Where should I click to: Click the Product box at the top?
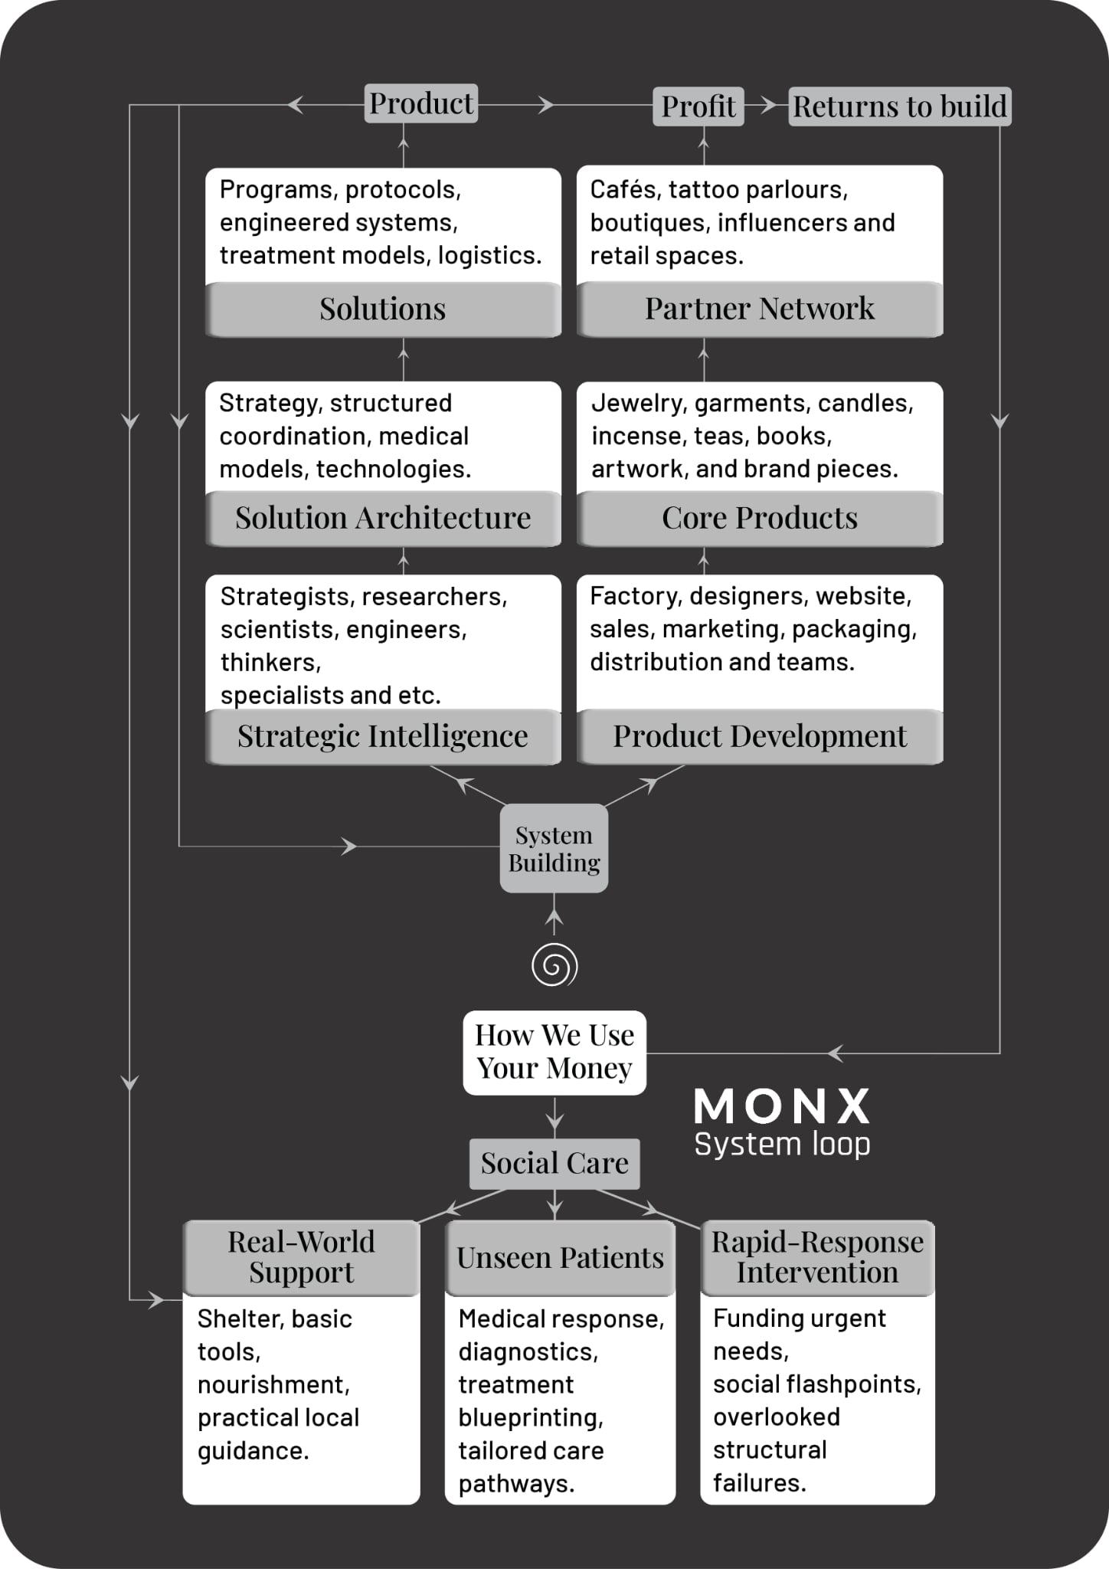click(420, 103)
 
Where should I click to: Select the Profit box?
click(698, 106)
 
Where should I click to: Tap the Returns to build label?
click(899, 106)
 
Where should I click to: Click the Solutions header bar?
click(382, 309)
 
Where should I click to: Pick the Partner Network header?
click(759, 309)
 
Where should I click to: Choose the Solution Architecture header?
click(382, 518)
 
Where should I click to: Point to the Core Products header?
click(759, 518)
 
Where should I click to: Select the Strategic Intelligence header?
click(382, 736)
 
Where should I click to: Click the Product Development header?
click(759, 736)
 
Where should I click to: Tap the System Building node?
click(554, 848)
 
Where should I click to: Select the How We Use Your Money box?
click(554, 1052)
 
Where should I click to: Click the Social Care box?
click(554, 1163)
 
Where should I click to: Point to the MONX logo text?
click(781, 1106)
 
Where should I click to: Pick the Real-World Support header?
click(301, 1256)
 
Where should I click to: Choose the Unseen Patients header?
click(560, 1257)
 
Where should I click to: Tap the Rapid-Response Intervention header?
click(817, 1256)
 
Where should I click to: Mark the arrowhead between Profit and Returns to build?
click(767, 106)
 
